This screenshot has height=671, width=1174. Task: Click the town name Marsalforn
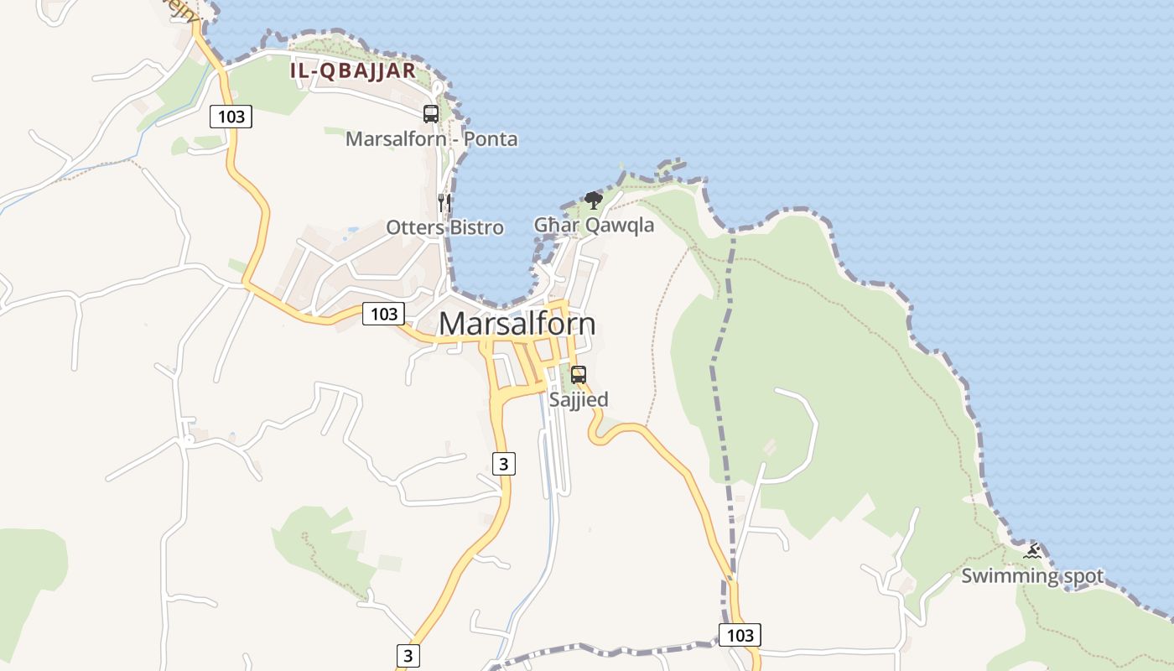pyautogui.click(x=517, y=324)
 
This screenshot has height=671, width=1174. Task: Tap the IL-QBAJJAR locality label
pyautogui.click(x=353, y=70)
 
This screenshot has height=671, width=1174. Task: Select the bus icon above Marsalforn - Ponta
pyautogui.click(x=431, y=114)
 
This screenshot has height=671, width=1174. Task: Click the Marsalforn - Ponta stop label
pyautogui.click(x=431, y=139)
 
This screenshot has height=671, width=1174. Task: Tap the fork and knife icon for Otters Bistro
pyautogui.click(x=444, y=202)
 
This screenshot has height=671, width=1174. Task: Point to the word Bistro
pyautogui.click(x=476, y=227)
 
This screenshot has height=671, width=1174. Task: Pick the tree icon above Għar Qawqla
pyautogui.click(x=594, y=200)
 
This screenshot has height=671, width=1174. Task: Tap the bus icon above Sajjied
pyautogui.click(x=579, y=374)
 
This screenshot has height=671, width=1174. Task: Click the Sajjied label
pyautogui.click(x=579, y=399)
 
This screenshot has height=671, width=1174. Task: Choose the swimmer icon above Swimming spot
pyautogui.click(x=1032, y=551)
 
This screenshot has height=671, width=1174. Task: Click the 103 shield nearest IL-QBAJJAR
pyautogui.click(x=231, y=117)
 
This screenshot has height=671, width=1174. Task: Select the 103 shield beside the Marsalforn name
pyautogui.click(x=384, y=314)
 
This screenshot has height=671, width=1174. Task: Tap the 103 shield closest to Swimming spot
pyautogui.click(x=740, y=635)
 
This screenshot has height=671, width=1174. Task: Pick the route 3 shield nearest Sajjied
pyautogui.click(x=502, y=463)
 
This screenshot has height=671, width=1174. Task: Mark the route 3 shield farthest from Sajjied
pyautogui.click(x=408, y=655)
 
